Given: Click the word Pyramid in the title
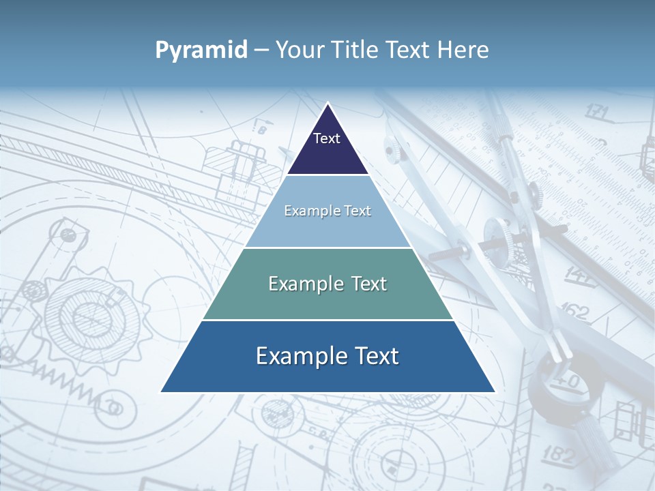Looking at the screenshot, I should pyautogui.click(x=201, y=50).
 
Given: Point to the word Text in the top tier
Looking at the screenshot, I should pyautogui.click(x=327, y=138).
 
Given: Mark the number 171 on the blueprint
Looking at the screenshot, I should pyautogui.click(x=597, y=110).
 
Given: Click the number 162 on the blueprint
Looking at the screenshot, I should pyautogui.click(x=574, y=311).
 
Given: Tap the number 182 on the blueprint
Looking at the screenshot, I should pyautogui.click(x=559, y=454).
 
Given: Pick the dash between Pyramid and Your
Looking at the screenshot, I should pyautogui.click(x=261, y=50).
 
